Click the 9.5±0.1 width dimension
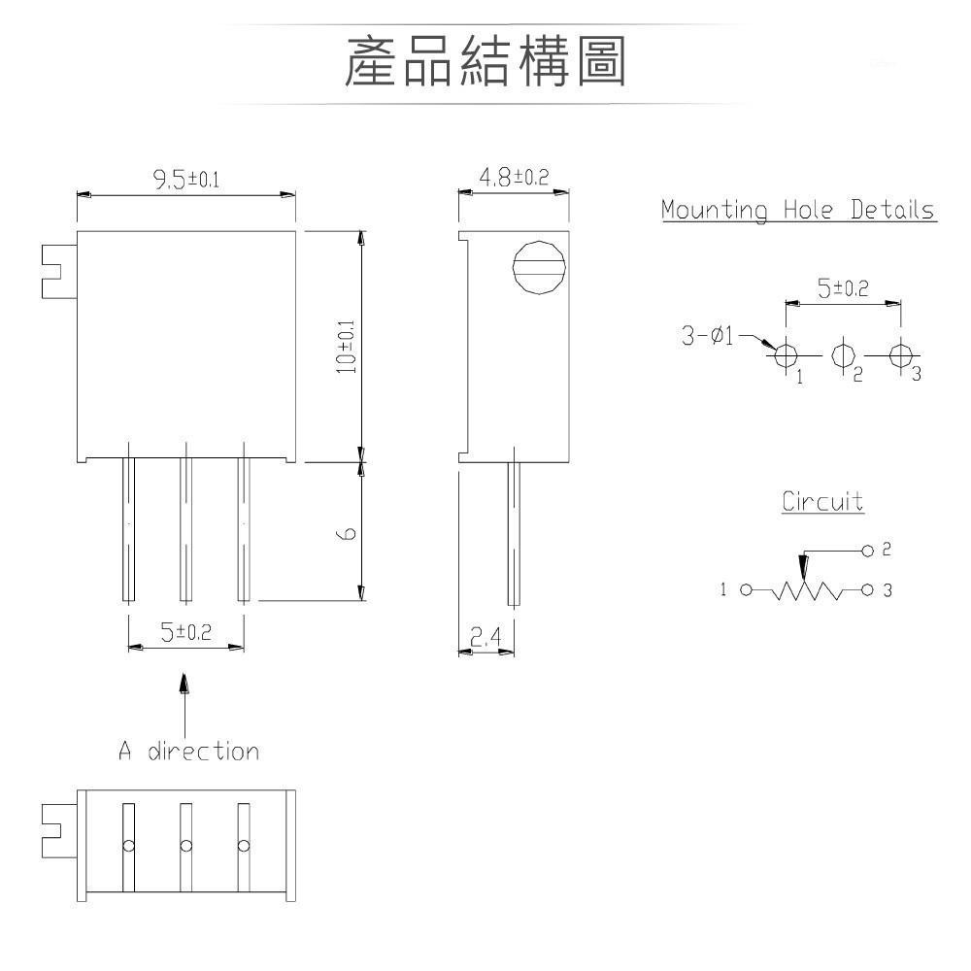(185, 179)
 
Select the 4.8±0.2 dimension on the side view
(514, 177)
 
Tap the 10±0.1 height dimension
(347, 347)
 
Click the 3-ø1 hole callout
(708, 337)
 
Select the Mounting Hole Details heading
(798, 210)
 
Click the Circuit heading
(822, 502)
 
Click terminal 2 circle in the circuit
(868, 551)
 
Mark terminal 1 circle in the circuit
(746, 589)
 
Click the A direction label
(189, 751)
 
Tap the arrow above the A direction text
(184, 684)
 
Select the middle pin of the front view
(185, 529)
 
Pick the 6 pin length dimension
(348, 532)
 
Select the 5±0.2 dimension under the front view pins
(185, 632)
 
